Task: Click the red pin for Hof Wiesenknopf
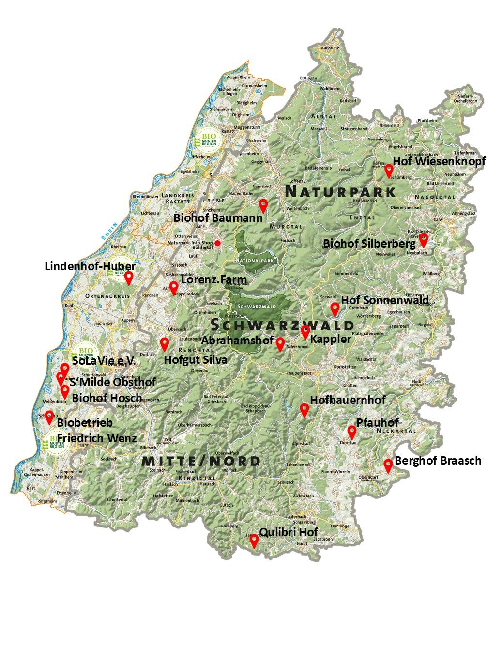[388, 170]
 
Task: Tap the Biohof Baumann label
[218, 218]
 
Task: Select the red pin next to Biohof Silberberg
[424, 239]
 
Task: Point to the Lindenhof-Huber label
[90, 266]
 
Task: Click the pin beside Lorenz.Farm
[173, 287]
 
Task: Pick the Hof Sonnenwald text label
[385, 300]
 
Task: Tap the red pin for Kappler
[305, 332]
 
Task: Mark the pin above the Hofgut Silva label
[165, 344]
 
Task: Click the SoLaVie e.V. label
[104, 361]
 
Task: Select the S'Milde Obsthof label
[112, 382]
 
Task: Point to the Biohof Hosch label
[107, 398]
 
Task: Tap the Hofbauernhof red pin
[305, 410]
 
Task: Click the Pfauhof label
[378, 422]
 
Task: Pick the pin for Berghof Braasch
[388, 465]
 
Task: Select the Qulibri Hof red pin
[254, 541]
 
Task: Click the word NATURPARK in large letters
[340, 191]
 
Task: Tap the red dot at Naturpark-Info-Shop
[218, 243]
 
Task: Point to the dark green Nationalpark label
[255, 261]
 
